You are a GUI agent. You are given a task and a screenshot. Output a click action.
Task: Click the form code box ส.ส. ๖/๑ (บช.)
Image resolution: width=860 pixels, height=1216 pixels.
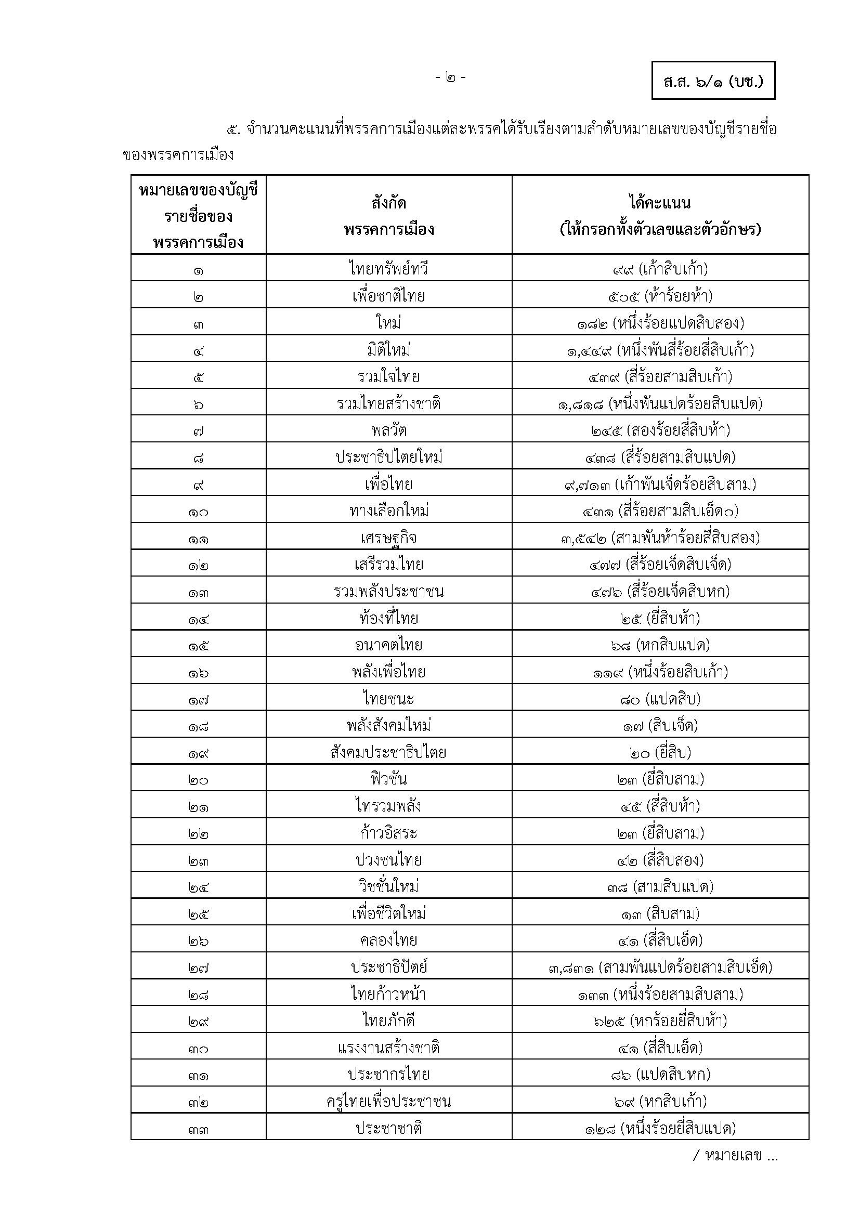[x=713, y=81]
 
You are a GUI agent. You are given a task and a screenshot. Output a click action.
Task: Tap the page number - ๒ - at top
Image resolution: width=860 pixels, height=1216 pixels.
[x=450, y=78]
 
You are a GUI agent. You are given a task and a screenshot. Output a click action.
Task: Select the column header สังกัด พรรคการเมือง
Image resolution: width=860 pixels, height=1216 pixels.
[x=389, y=216]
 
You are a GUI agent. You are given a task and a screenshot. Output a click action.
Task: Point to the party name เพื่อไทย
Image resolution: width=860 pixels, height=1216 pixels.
[x=389, y=483]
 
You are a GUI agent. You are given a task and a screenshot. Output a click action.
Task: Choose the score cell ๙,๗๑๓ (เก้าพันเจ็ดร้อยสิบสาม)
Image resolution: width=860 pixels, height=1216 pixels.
[x=660, y=483]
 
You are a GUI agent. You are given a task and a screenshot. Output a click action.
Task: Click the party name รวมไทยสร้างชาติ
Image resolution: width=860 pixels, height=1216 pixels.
[x=389, y=403]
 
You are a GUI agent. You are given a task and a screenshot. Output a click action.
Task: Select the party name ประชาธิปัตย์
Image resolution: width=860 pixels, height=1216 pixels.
[x=389, y=966]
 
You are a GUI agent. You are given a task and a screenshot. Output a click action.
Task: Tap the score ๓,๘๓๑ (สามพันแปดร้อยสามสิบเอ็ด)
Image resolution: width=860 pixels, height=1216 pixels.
[x=660, y=967]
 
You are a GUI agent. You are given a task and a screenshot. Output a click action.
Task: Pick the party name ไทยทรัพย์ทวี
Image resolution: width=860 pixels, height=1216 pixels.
[x=389, y=268]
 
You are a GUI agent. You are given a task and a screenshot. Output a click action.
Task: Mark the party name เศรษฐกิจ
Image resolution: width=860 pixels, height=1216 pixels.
[x=389, y=538]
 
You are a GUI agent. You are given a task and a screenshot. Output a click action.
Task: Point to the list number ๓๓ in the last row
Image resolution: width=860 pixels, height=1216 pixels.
[x=198, y=1129]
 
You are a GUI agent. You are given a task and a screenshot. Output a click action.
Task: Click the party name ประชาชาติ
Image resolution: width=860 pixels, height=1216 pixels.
[x=389, y=1128]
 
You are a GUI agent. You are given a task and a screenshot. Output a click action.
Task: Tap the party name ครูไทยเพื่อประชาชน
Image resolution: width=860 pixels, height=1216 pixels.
[x=389, y=1102]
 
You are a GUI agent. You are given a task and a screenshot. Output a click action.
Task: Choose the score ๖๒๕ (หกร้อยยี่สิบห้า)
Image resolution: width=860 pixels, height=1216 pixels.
[x=660, y=1021]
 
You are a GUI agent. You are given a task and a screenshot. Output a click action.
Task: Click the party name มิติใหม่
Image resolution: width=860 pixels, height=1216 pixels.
[x=389, y=349]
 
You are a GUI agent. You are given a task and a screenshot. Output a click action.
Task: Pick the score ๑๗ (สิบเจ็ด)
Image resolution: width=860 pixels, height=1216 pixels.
[x=660, y=725]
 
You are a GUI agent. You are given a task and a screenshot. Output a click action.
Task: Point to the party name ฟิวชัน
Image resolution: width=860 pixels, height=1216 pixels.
[x=389, y=779]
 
